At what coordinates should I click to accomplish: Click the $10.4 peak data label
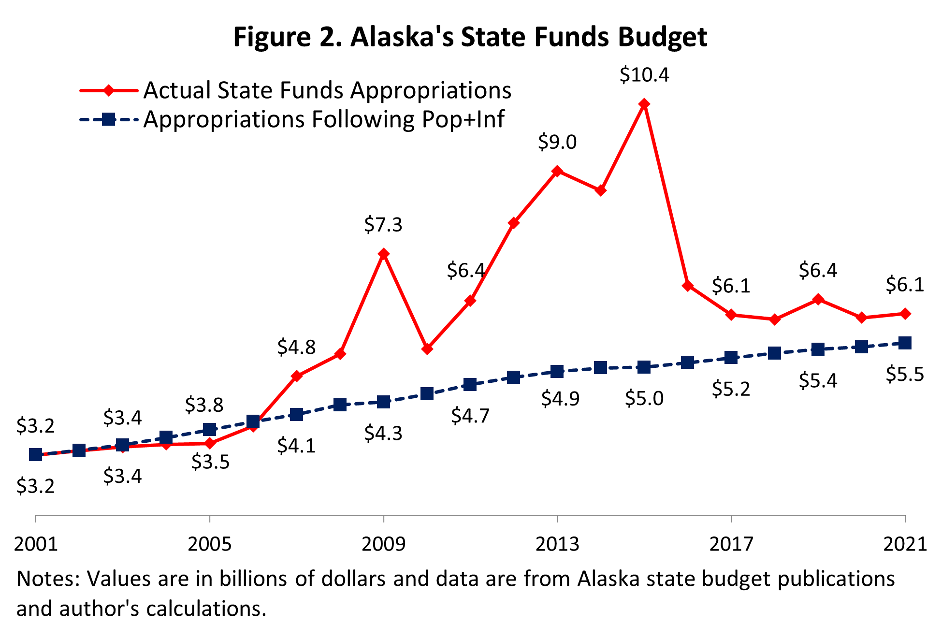644,75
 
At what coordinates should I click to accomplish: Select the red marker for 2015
644,104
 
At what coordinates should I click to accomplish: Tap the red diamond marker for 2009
383,254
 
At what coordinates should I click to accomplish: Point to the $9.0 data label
557,142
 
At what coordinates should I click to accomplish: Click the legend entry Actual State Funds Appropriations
327,90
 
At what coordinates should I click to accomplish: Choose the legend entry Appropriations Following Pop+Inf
324,119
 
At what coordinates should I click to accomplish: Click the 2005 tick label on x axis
209,544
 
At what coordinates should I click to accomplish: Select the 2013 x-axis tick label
557,544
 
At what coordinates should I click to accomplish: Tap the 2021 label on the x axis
905,544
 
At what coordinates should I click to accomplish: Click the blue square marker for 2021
905,343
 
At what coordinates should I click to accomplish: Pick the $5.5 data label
905,375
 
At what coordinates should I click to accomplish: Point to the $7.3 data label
383,225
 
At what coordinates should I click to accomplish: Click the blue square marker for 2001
36,454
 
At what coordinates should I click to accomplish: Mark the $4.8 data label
296,347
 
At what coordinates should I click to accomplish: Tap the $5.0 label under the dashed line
644,398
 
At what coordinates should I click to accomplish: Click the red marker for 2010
427,348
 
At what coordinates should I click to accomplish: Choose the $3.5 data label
210,462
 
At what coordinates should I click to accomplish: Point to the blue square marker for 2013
557,372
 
